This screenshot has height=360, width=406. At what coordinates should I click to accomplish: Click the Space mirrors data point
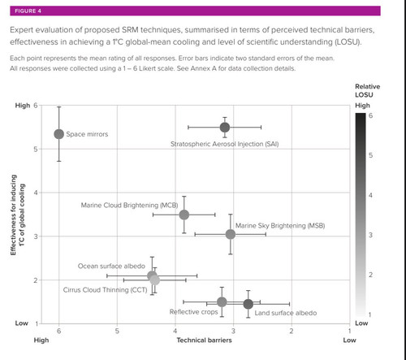[59, 134]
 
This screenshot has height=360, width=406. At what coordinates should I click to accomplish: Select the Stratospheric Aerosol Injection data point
[225, 128]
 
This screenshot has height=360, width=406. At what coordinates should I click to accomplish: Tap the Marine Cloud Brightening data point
[184, 215]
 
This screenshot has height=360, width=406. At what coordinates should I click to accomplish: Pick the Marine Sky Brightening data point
[231, 234]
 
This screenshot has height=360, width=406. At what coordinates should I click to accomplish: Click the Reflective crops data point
[222, 301]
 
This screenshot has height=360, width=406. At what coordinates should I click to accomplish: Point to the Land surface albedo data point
[248, 304]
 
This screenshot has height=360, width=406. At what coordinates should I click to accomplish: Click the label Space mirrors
[87, 134]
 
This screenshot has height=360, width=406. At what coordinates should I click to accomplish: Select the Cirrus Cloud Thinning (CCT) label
[105, 290]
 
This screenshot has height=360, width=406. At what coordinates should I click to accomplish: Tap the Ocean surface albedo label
[111, 266]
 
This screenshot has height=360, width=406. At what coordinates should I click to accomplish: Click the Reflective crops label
[194, 312]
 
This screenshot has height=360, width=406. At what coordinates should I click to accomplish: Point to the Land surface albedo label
[286, 313]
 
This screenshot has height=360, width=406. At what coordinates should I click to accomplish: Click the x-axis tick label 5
[117, 331]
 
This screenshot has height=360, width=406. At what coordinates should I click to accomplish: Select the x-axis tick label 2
[292, 331]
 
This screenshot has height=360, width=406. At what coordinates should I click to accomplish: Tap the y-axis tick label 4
[36, 193]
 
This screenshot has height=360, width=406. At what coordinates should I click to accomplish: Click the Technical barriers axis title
[205, 340]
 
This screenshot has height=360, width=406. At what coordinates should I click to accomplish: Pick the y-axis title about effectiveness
[18, 215]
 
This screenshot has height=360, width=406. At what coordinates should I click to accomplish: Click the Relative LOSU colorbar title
[368, 90]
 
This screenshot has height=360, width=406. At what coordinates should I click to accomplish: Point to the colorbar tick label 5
[370, 155]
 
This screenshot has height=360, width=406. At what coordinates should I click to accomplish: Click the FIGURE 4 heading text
[28, 11]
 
